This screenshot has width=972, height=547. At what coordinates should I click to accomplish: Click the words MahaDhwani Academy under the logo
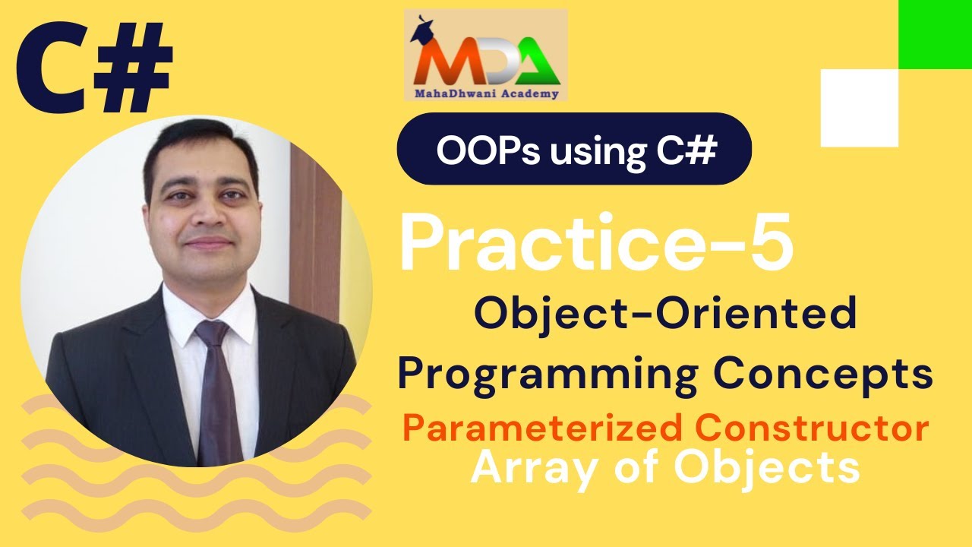[486, 95]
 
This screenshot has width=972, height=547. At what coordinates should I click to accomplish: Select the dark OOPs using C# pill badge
[574, 150]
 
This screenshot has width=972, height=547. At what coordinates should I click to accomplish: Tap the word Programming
[547, 375]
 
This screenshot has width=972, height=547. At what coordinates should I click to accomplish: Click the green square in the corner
[935, 34]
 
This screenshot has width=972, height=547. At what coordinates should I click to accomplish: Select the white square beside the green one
[859, 107]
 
